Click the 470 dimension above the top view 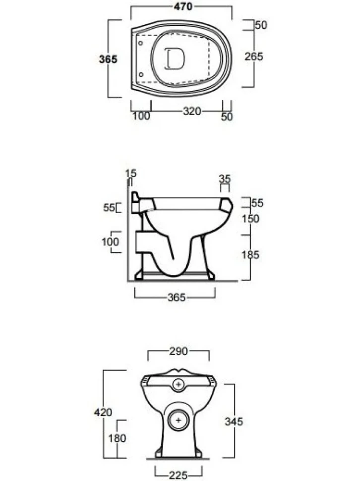pyautogui.click(x=183, y=6)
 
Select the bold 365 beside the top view pyautogui.click(x=108, y=59)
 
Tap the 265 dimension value pyautogui.click(x=253, y=57)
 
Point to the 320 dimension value pyautogui.click(x=192, y=111)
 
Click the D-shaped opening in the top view pyautogui.click(x=175, y=59)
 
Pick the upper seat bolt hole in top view pyautogui.click(x=140, y=43)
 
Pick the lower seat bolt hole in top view pyautogui.click(x=141, y=74)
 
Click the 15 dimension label pyautogui.click(x=131, y=174)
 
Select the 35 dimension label pyautogui.click(x=225, y=179)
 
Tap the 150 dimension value pyautogui.click(x=250, y=219)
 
